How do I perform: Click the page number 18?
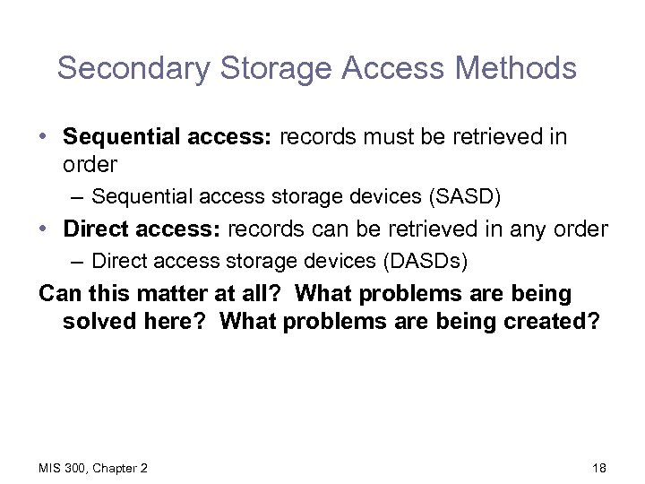tap(599, 467)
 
